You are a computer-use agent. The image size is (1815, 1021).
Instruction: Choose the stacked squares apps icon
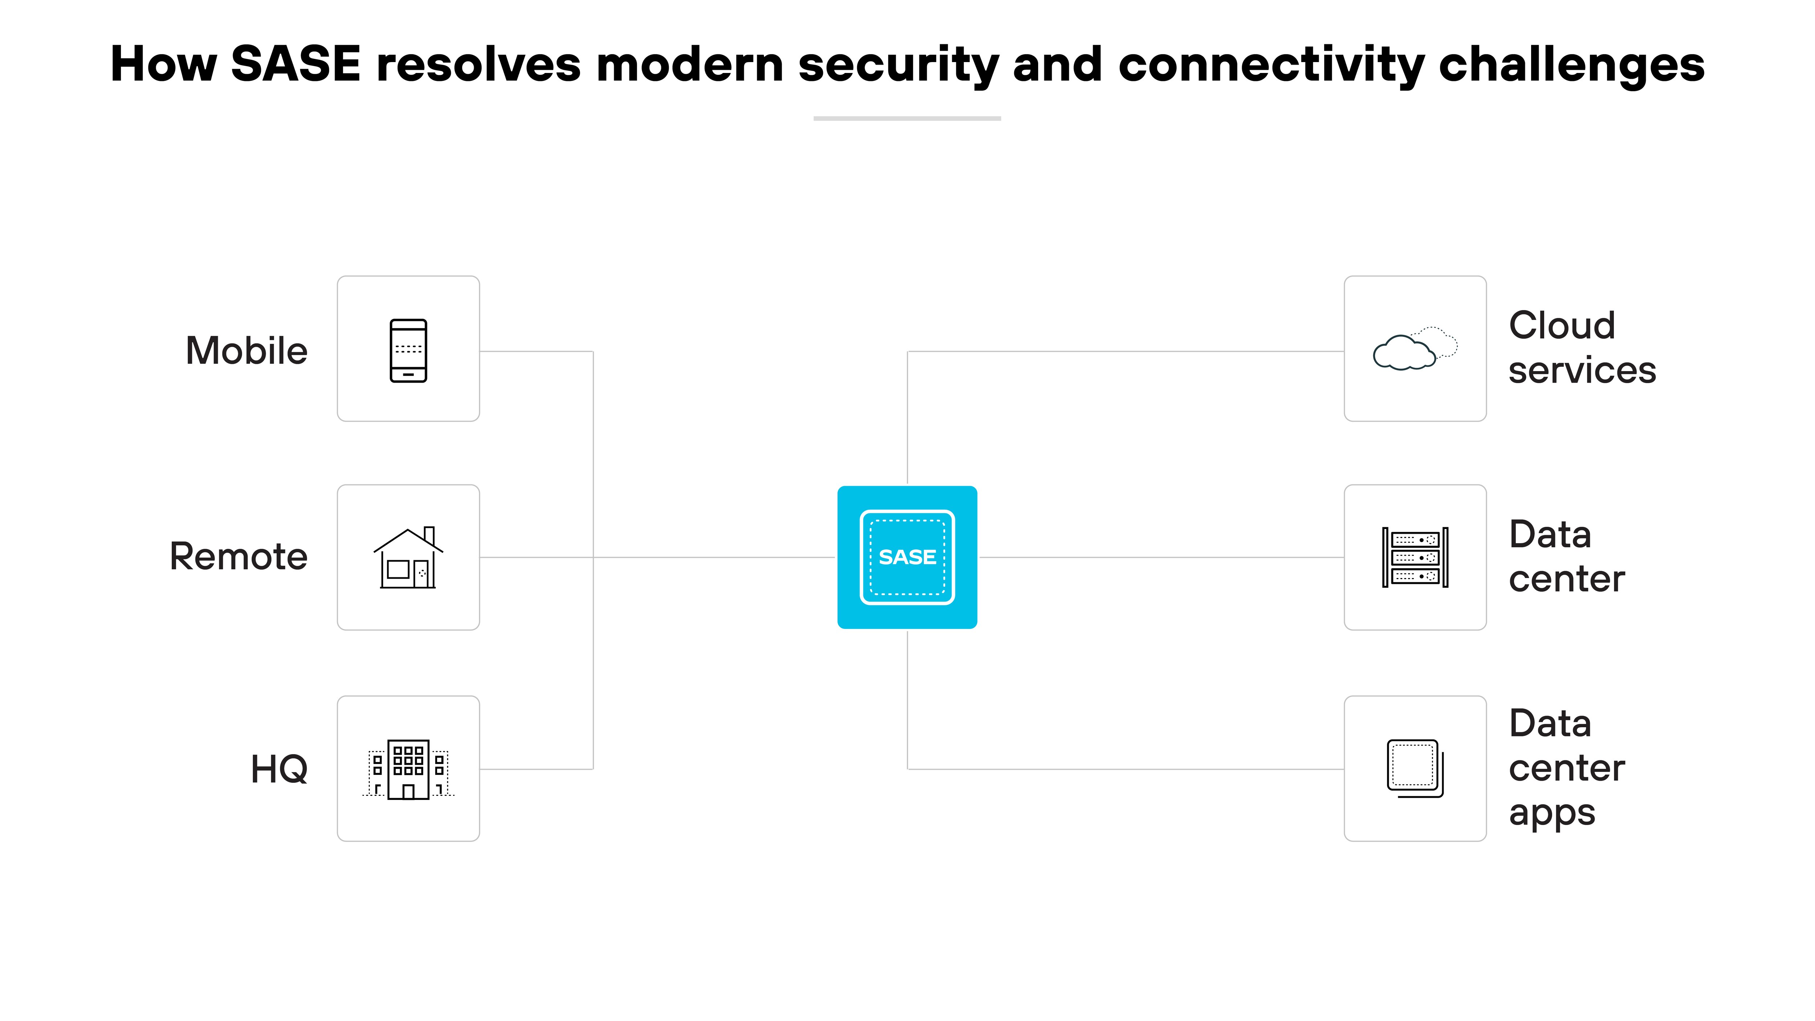click(x=1415, y=769)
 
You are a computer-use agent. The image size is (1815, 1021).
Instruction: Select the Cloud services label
click(x=1582, y=348)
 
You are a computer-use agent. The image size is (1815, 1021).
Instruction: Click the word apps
click(x=1551, y=814)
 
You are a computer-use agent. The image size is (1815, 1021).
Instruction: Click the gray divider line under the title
click(x=907, y=118)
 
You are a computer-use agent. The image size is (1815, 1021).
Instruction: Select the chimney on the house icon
click(x=429, y=535)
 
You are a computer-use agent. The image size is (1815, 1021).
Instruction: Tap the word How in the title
click(x=163, y=64)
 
